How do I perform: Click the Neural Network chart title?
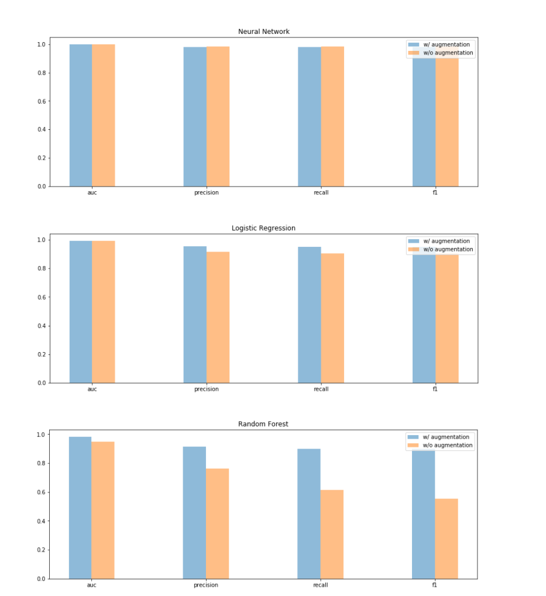(x=263, y=32)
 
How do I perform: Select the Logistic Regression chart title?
(x=263, y=228)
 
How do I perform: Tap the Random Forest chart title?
(x=263, y=424)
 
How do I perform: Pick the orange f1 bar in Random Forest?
(x=447, y=538)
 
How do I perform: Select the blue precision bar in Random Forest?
(x=194, y=512)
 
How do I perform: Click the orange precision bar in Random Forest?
(x=217, y=523)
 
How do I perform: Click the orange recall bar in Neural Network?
(x=332, y=116)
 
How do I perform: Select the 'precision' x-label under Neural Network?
(x=207, y=193)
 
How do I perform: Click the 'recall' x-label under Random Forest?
(x=320, y=585)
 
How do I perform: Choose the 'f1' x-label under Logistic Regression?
(x=435, y=390)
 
